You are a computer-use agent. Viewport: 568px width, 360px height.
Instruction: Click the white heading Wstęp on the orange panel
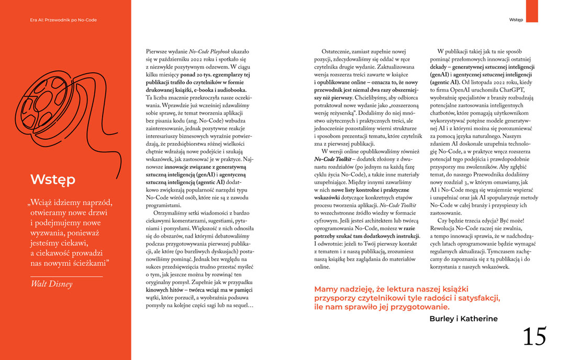click(53, 179)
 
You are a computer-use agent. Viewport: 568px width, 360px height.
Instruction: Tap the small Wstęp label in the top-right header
click(516, 20)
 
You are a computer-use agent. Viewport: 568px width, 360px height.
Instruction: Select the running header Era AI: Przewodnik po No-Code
click(63, 20)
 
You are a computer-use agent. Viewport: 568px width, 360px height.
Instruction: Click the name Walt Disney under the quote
click(51, 284)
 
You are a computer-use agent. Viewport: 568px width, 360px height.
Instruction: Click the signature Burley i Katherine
click(463, 319)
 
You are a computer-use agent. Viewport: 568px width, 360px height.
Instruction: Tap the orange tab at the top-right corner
click(532, 11)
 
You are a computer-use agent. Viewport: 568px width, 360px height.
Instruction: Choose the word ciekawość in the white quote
click(70, 251)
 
